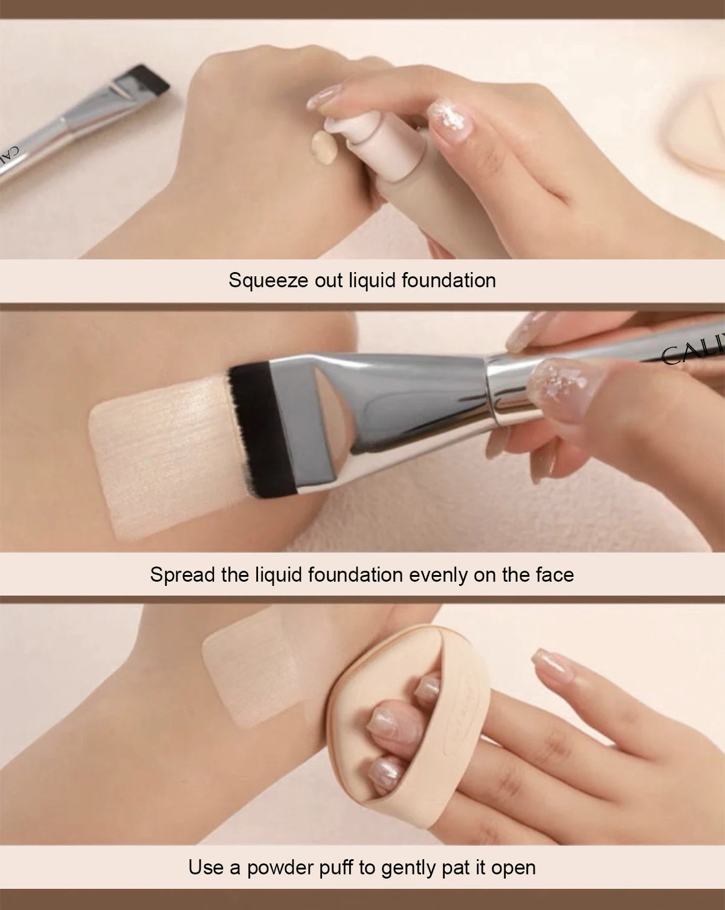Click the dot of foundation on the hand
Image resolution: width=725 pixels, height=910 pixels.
pos(321,146)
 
